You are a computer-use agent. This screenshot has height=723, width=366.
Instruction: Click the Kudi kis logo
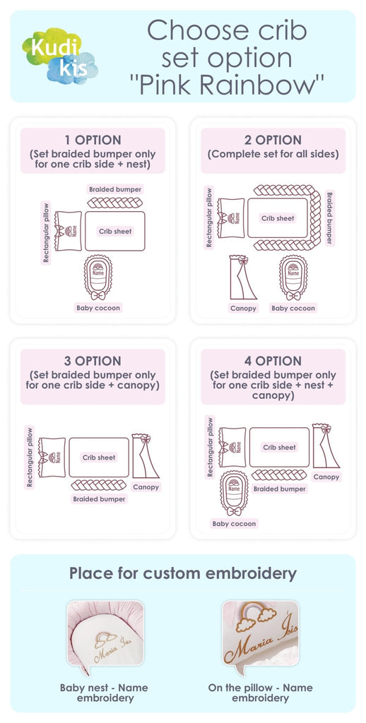click(x=59, y=56)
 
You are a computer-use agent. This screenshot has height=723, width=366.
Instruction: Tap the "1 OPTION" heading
click(x=93, y=141)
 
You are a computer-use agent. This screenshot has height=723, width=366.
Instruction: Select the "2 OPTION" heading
click(x=273, y=141)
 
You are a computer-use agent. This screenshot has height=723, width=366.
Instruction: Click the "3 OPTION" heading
click(x=93, y=361)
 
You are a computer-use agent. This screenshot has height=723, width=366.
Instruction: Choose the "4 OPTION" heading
click(x=273, y=361)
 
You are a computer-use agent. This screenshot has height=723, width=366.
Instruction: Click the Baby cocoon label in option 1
click(x=98, y=308)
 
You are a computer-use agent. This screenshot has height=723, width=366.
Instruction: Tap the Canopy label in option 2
click(x=243, y=308)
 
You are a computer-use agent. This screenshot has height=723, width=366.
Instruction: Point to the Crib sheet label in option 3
click(x=99, y=458)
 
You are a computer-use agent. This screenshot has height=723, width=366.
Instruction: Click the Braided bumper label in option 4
click(x=280, y=489)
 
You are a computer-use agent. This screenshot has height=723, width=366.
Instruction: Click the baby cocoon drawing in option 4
click(x=234, y=493)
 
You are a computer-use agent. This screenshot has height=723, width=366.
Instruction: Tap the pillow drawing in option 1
click(x=68, y=231)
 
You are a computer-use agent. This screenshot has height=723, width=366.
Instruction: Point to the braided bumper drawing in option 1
click(x=115, y=203)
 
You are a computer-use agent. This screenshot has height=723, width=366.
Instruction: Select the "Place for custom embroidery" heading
click(x=183, y=573)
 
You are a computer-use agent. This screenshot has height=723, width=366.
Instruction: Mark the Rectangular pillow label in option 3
click(x=30, y=457)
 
